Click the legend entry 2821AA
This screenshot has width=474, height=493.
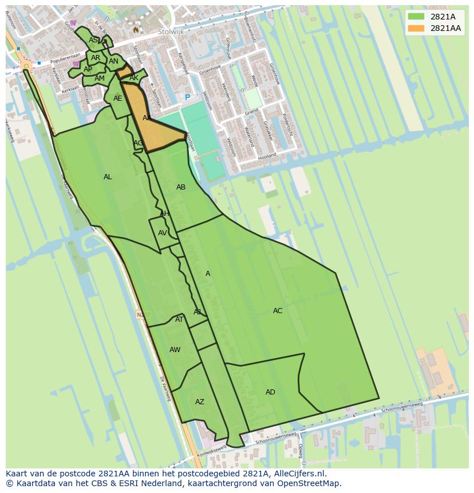(x=445, y=28)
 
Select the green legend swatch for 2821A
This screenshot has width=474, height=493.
(x=416, y=17)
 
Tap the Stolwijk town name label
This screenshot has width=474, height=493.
(x=171, y=32)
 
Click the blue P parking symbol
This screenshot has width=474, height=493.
(x=187, y=98)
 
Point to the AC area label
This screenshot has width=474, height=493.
(x=278, y=311)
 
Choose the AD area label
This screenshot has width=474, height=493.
(x=270, y=392)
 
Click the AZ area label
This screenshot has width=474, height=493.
(x=199, y=402)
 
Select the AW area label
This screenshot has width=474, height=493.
(x=175, y=350)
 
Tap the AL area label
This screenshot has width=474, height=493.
(x=108, y=177)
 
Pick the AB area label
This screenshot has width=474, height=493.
(x=181, y=187)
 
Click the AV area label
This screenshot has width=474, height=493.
(x=163, y=233)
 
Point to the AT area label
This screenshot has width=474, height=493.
(x=179, y=320)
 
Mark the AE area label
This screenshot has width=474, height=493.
(x=117, y=98)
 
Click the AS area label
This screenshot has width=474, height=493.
(x=93, y=40)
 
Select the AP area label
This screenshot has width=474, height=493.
(x=88, y=69)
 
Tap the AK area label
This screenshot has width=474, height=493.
(x=134, y=78)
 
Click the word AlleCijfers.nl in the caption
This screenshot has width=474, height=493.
(x=298, y=474)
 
